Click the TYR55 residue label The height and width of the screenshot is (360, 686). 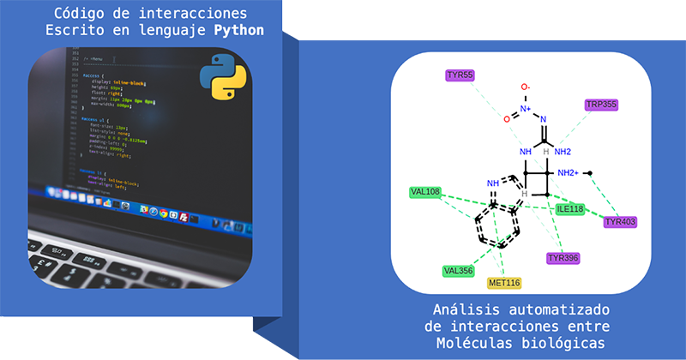point(460,75)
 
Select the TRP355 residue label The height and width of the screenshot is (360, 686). point(601,105)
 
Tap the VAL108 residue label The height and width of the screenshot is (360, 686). point(424,192)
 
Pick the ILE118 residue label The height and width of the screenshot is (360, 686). point(569,208)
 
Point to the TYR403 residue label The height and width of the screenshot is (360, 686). point(620,222)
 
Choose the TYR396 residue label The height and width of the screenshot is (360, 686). point(563,258)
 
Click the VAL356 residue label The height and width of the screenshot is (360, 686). point(458,271)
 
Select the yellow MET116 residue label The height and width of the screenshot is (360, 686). point(504,283)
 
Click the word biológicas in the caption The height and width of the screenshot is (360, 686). point(566,343)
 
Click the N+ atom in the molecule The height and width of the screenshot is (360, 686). point(525,108)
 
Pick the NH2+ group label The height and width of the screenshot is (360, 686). point(570,173)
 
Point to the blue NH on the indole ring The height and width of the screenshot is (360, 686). point(492,183)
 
